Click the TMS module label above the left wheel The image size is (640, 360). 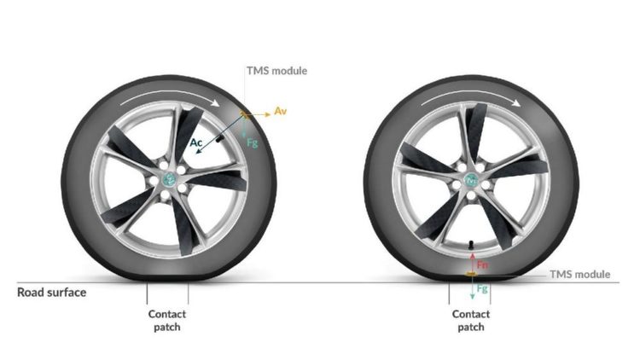click(276, 71)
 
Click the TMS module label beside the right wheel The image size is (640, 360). click(580, 275)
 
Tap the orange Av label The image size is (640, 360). click(280, 111)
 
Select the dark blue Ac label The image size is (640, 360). click(196, 142)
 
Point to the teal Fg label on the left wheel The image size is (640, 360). click(253, 142)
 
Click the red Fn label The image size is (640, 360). click(482, 265)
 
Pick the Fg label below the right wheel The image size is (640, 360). click(482, 289)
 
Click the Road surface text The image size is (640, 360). click(51, 293)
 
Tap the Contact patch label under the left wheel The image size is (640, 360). click(167, 321)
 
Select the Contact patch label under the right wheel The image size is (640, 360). click(470, 321)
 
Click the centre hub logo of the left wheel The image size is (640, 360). click(170, 178)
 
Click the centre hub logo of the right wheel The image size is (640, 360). click(471, 180)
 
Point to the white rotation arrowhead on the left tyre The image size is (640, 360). click(215, 103)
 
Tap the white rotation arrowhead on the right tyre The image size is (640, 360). click(516, 102)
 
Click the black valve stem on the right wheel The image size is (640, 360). click(470, 245)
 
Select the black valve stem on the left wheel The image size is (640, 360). click(219, 138)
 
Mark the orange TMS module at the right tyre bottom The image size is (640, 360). click(471, 274)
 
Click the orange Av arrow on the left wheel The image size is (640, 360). click(257, 114)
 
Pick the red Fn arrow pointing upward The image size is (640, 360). click(473, 263)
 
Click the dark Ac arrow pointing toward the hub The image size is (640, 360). click(219, 134)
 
